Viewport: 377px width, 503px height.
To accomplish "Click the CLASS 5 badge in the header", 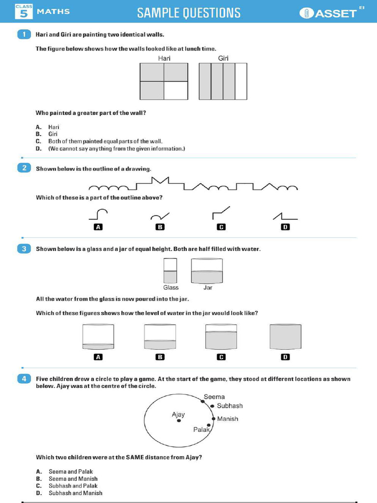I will point(24,11).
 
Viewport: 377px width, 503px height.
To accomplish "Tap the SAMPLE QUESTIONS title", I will point(189,13).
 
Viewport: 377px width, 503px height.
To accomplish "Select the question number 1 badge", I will point(24,34).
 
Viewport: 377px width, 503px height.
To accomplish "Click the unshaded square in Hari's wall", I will point(176,90).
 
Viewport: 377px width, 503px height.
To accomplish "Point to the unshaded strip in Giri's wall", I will point(241,81).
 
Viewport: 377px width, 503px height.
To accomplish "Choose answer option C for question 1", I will point(105,141).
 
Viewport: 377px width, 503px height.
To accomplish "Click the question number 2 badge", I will point(24,168).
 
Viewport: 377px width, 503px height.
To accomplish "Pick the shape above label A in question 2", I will point(98,214).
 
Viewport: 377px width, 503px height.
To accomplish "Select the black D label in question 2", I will point(285,227).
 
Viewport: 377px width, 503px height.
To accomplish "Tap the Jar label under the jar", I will point(208,288).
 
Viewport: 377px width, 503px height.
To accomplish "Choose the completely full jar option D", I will point(285,337).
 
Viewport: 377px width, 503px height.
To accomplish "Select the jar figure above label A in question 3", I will point(98,337).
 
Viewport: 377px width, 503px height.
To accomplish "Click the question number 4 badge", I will point(24,379).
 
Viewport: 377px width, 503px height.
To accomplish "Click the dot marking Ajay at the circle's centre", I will point(179,421).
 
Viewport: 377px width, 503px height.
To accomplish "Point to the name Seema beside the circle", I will point(214,397).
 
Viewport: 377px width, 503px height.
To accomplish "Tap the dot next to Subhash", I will point(212,406).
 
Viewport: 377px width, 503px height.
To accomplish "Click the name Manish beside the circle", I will point(227,419).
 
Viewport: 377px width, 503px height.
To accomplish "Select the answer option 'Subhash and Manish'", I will point(76,493).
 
